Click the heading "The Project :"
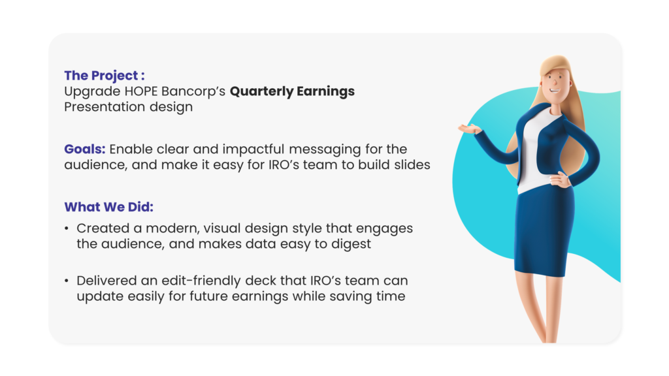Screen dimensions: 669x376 coord(105,76)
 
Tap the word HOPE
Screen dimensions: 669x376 coord(141,91)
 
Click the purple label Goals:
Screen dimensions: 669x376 coord(85,149)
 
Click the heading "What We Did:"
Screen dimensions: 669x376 coord(109,207)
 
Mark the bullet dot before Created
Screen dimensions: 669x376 coord(67,229)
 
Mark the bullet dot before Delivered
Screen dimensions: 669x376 coord(67,281)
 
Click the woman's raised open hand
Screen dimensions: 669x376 coord(469,129)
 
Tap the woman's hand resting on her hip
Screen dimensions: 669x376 coord(560,180)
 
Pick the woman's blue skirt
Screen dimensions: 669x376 coord(543,230)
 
